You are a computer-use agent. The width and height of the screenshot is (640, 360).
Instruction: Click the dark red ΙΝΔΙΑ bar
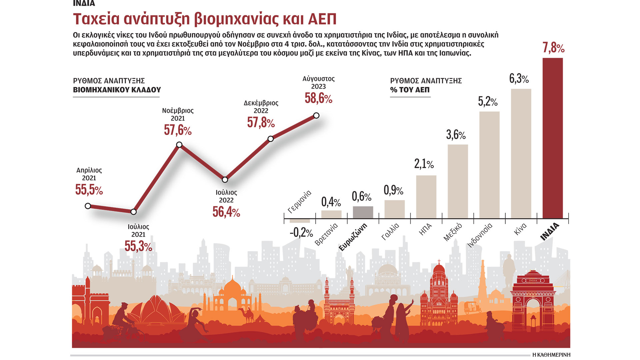552,138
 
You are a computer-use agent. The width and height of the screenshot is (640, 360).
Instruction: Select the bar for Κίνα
521,153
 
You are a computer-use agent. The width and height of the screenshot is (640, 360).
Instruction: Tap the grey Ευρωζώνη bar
363,212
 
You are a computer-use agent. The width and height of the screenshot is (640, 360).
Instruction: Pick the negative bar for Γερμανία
300,221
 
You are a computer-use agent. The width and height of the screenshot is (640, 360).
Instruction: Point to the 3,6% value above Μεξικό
456,135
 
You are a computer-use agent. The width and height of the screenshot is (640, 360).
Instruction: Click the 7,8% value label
553,48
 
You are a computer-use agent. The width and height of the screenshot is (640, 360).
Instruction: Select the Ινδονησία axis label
480,235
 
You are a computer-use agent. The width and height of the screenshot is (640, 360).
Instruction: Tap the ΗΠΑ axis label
425,229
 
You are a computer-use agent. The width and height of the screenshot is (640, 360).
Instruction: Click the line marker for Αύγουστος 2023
316,116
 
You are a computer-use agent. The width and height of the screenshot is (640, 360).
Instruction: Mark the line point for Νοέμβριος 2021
179,145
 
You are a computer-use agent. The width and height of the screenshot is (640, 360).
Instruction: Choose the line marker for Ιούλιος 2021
134,212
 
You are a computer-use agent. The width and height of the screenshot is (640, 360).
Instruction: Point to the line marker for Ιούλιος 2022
225,180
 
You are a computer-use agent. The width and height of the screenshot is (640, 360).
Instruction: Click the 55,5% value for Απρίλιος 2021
89,190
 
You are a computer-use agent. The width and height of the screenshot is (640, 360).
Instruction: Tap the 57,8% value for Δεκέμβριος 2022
261,122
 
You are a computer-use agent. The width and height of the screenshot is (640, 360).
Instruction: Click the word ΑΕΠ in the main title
322,19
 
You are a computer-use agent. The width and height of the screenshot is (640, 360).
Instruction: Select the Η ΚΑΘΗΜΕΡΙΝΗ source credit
551,355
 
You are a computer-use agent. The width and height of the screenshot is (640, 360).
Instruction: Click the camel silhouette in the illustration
247,315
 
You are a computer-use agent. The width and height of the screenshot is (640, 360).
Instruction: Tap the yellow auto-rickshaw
473,307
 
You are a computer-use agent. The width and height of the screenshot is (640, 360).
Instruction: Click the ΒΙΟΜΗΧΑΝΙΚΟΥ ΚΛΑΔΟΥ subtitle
117,90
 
